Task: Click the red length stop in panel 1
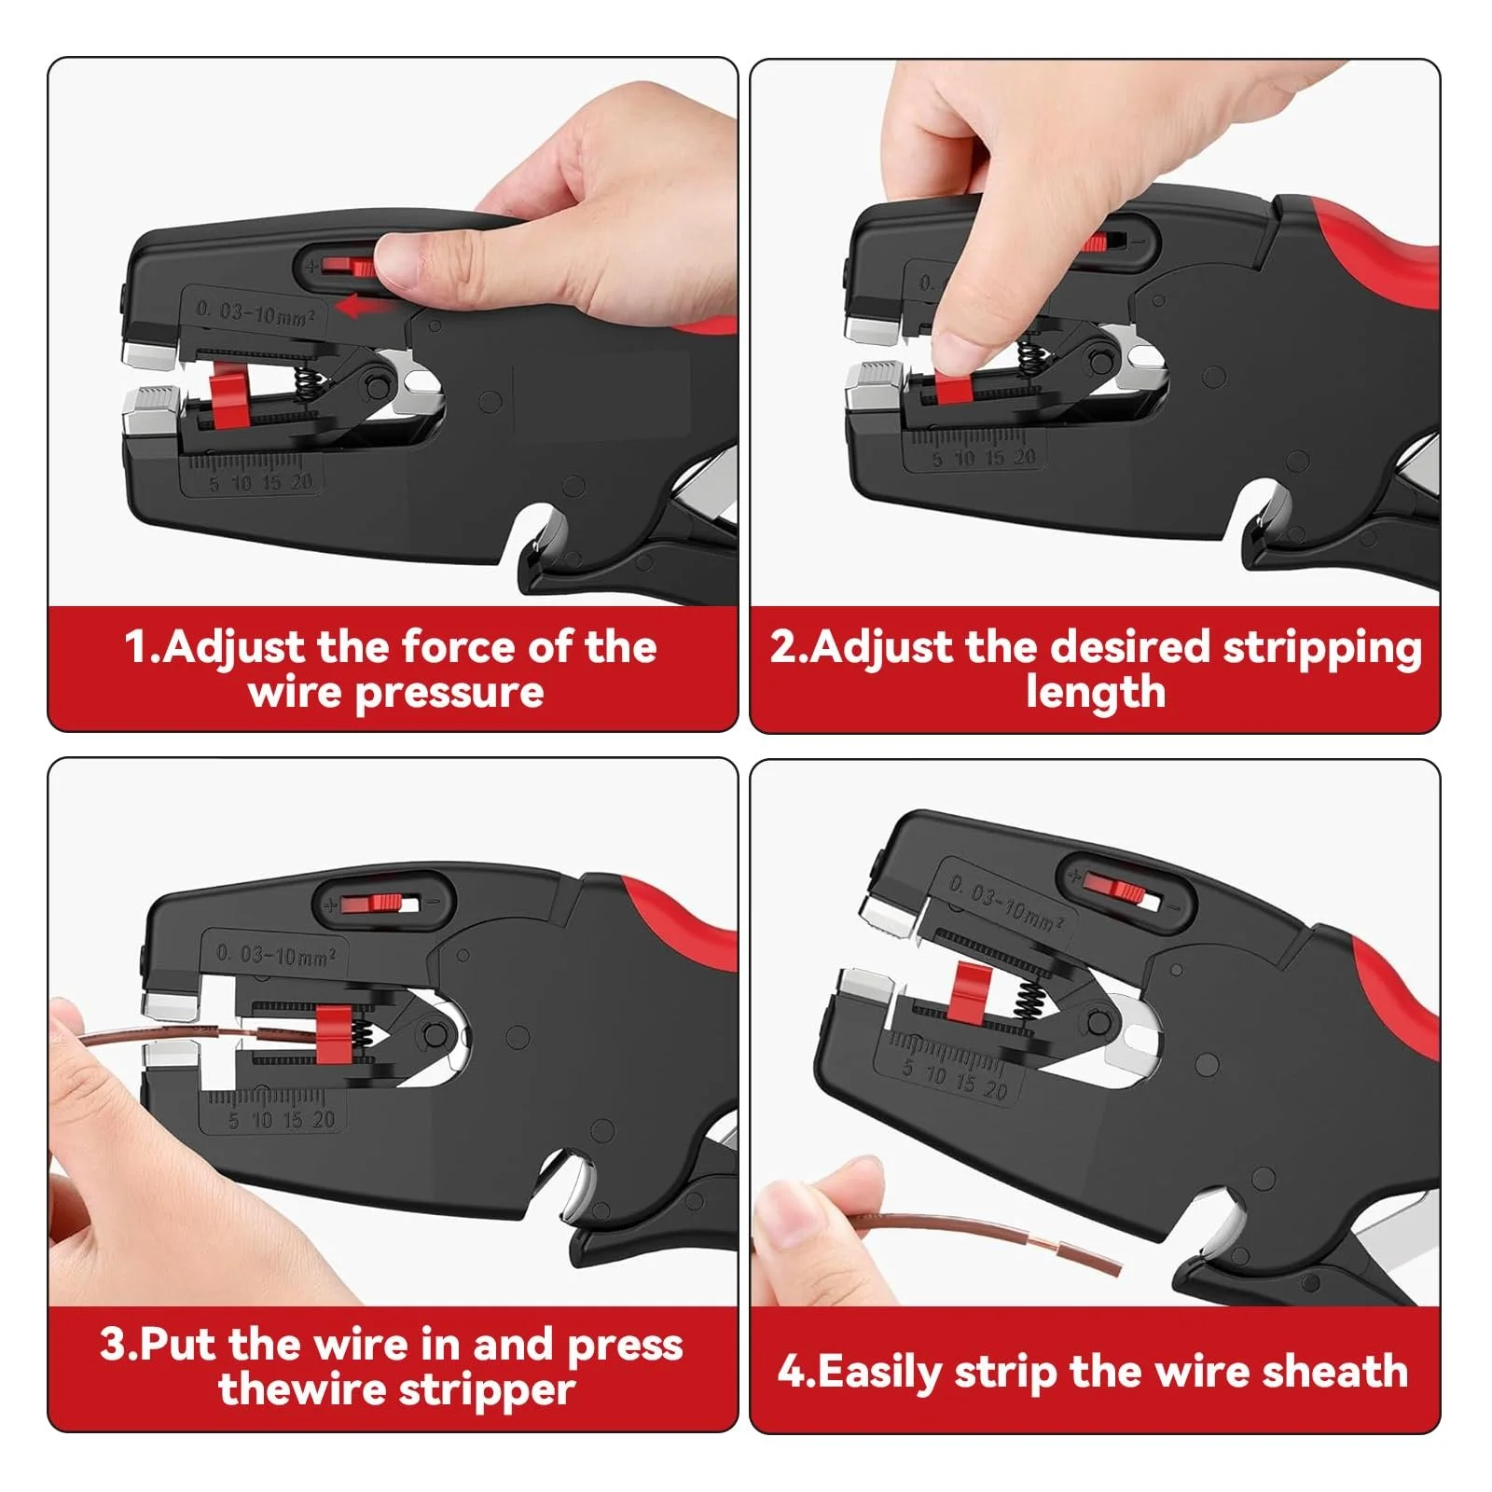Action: (x=226, y=396)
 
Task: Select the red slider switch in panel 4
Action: (x=1115, y=887)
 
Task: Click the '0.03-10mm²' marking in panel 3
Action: (x=275, y=954)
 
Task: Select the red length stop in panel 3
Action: (x=332, y=1034)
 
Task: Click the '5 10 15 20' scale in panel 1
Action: (x=260, y=483)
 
